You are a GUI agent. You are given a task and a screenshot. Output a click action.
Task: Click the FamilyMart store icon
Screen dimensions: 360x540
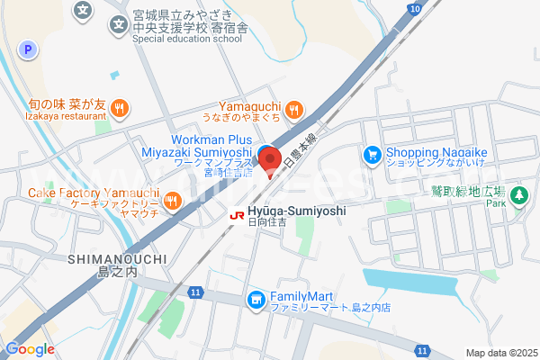click(256, 298)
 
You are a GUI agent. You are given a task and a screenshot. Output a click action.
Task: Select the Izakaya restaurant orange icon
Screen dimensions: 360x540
click(121, 111)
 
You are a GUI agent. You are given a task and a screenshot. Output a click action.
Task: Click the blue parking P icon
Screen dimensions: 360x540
click(28, 50)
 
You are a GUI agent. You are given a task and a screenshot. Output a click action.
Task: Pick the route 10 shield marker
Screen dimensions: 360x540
click(412, 8)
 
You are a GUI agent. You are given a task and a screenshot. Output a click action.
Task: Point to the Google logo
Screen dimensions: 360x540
click(30, 349)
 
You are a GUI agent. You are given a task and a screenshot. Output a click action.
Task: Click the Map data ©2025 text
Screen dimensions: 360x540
click(499, 353)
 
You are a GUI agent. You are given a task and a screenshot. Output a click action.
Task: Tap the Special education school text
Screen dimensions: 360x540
click(187, 40)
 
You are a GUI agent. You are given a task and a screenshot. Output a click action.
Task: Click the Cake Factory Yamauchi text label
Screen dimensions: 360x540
click(94, 193)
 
